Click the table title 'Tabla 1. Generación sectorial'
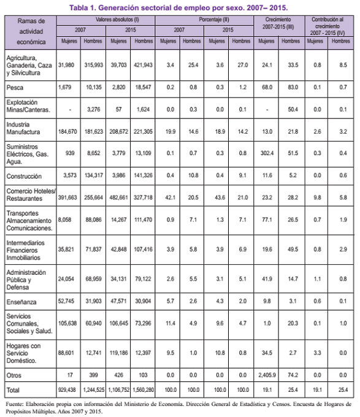(x=120, y=8)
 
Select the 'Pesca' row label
(x=15, y=88)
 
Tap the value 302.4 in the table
(x=267, y=153)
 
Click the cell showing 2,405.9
(x=267, y=375)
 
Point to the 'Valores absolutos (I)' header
(x=117, y=20)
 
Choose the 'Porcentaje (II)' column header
(x=214, y=20)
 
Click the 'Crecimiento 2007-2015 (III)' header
(x=278, y=23)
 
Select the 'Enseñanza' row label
(x=21, y=302)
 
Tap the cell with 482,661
(x=118, y=197)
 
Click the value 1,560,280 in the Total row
(x=143, y=390)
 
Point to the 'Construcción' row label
(x=24, y=177)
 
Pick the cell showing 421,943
(x=143, y=65)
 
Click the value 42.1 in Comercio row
(x=170, y=197)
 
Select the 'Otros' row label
(x=14, y=375)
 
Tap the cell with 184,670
(x=67, y=132)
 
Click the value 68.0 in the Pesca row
(x=267, y=87)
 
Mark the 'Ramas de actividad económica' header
(x=31, y=31)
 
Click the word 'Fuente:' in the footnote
(x=15, y=404)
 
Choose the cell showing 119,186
(x=118, y=353)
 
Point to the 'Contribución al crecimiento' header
(x=327, y=26)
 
